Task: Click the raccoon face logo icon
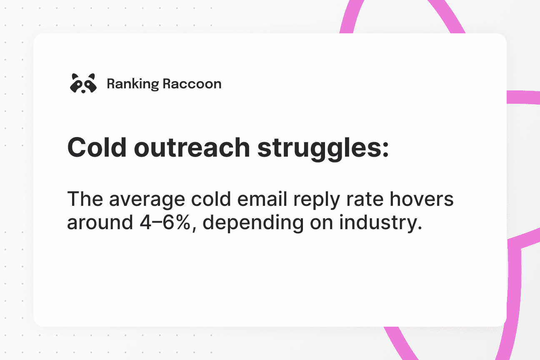pyautogui.click(x=83, y=84)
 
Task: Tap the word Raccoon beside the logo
pyautogui.click(x=192, y=84)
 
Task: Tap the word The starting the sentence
pyautogui.click(x=85, y=200)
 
